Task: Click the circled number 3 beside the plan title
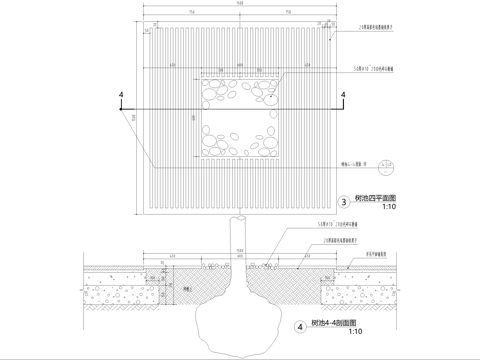coord(345,201)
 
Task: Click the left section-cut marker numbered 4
coord(121,96)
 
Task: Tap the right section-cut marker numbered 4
coord(343,96)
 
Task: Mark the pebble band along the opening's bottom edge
coord(240,141)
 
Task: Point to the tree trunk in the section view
coord(240,240)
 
